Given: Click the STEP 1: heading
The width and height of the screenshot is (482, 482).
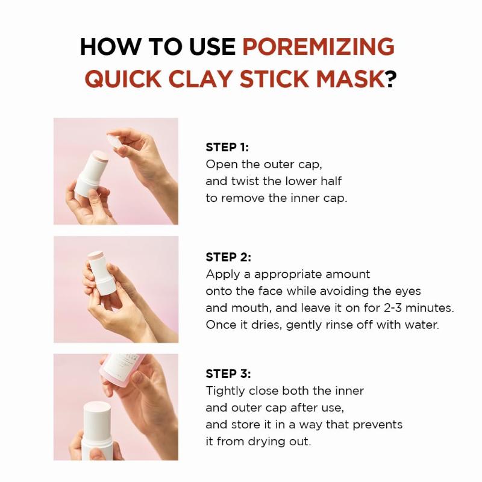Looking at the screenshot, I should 227,148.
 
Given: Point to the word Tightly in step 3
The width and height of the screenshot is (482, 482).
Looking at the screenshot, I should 224,391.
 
